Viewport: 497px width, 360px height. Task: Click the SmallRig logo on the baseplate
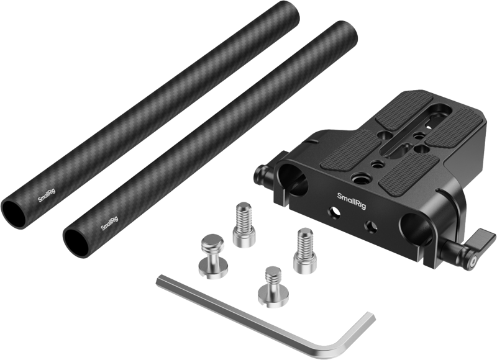(351, 197)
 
